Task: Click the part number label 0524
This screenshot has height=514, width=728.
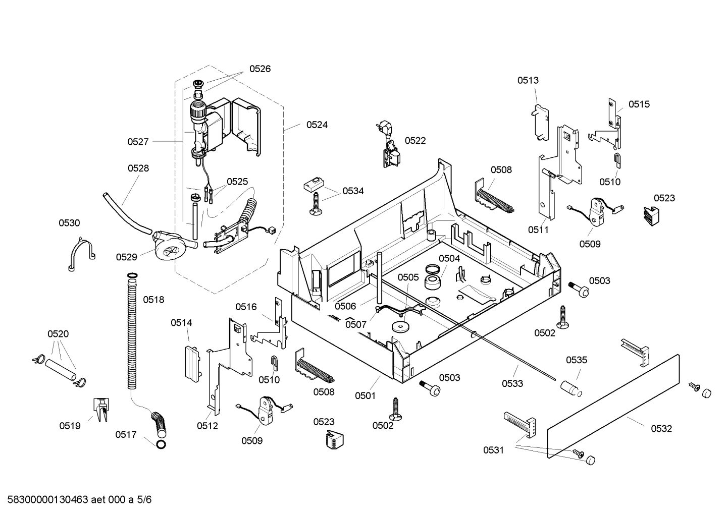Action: (317, 125)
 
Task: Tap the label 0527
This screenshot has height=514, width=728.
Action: (138, 142)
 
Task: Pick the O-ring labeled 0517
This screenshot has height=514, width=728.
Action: (161, 444)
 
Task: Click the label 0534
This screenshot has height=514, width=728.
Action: (353, 191)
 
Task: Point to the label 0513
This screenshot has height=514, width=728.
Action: (528, 80)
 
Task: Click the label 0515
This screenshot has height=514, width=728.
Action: (639, 104)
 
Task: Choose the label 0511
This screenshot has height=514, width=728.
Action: (538, 230)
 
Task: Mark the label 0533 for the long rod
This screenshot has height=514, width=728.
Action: (512, 383)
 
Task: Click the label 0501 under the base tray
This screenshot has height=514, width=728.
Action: (365, 395)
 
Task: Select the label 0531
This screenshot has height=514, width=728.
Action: (493, 450)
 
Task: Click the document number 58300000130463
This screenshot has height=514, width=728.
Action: (47, 500)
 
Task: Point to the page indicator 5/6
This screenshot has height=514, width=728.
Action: (144, 500)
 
